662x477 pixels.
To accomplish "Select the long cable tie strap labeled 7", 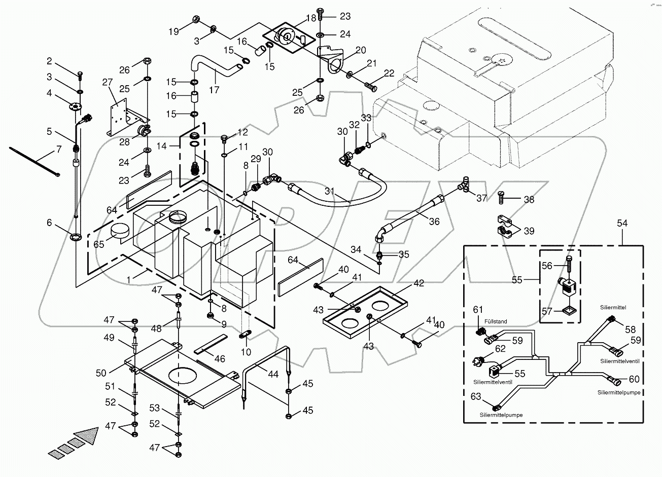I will pyautogui.click(x=34, y=161).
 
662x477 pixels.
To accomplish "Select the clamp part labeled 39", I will pyautogui.click(x=505, y=227).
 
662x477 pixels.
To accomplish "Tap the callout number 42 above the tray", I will pyautogui.click(x=418, y=283).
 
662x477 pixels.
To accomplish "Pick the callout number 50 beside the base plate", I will pyautogui.click(x=101, y=373).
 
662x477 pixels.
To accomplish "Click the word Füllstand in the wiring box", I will pyautogui.click(x=495, y=321).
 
